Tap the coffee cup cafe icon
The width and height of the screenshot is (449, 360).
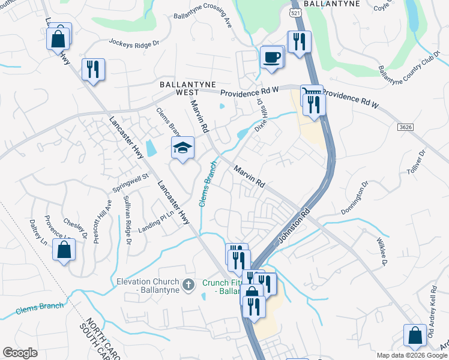tap(272, 58)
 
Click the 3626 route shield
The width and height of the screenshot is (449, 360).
tap(406, 127)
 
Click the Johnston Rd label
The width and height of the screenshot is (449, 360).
tap(294, 227)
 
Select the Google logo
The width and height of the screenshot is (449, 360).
tap(20, 353)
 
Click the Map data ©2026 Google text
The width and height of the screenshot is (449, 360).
tap(411, 355)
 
